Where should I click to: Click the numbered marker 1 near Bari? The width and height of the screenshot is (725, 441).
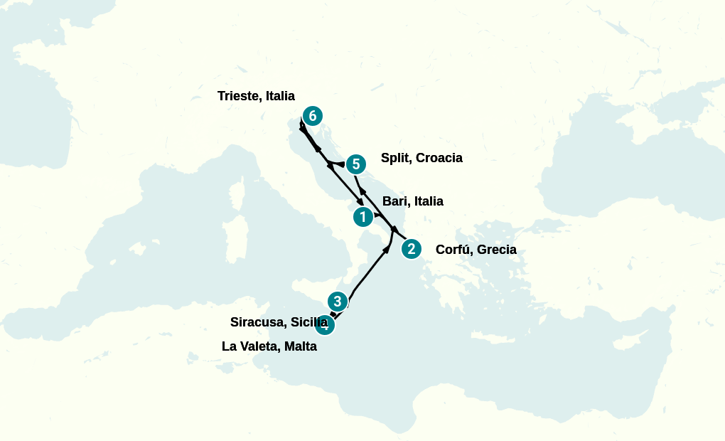click(x=363, y=217)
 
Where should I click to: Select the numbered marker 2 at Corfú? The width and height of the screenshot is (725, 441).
click(x=411, y=249)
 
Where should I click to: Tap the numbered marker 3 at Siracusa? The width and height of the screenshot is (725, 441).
click(x=338, y=301)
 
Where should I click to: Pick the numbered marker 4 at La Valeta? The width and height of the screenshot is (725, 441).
click(x=324, y=325)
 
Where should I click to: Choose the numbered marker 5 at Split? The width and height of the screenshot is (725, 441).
click(x=355, y=164)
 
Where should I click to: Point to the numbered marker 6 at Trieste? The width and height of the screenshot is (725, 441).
click(x=312, y=116)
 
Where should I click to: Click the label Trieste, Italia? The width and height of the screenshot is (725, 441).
click(x=256, y=96)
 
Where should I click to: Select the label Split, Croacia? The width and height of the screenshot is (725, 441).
click(x=421, y=158)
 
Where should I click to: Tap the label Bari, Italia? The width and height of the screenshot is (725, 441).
click(x=413, y=201)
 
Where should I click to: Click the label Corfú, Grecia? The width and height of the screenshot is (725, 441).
click(x=476, y=250)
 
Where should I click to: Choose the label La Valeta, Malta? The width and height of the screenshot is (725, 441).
click(x=269, y=347)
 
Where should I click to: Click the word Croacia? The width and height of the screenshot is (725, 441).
click(x=439, y=158)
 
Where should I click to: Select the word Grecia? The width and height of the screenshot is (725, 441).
click(x=497, y=250)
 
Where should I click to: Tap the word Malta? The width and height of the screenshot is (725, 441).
click(x=299, y=347)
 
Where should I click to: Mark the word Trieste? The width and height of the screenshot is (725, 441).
click(x=237, y=96)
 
